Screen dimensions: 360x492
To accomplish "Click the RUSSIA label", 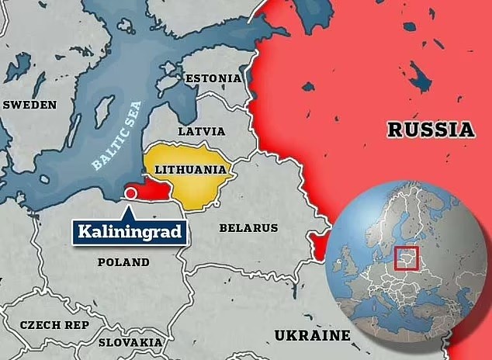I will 431,130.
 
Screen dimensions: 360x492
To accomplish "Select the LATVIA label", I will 202,132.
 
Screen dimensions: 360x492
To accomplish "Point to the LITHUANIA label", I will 190,168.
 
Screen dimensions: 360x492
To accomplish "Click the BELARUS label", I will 248,228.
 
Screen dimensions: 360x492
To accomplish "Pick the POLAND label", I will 123,262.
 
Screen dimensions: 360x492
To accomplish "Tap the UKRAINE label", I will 312,335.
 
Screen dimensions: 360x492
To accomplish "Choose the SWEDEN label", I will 29,105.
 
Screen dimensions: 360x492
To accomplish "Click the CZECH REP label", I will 54,325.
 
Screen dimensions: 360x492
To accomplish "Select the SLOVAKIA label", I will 130,342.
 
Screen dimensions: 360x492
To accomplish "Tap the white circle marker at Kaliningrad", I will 131,192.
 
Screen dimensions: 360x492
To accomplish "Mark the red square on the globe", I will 406,258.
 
